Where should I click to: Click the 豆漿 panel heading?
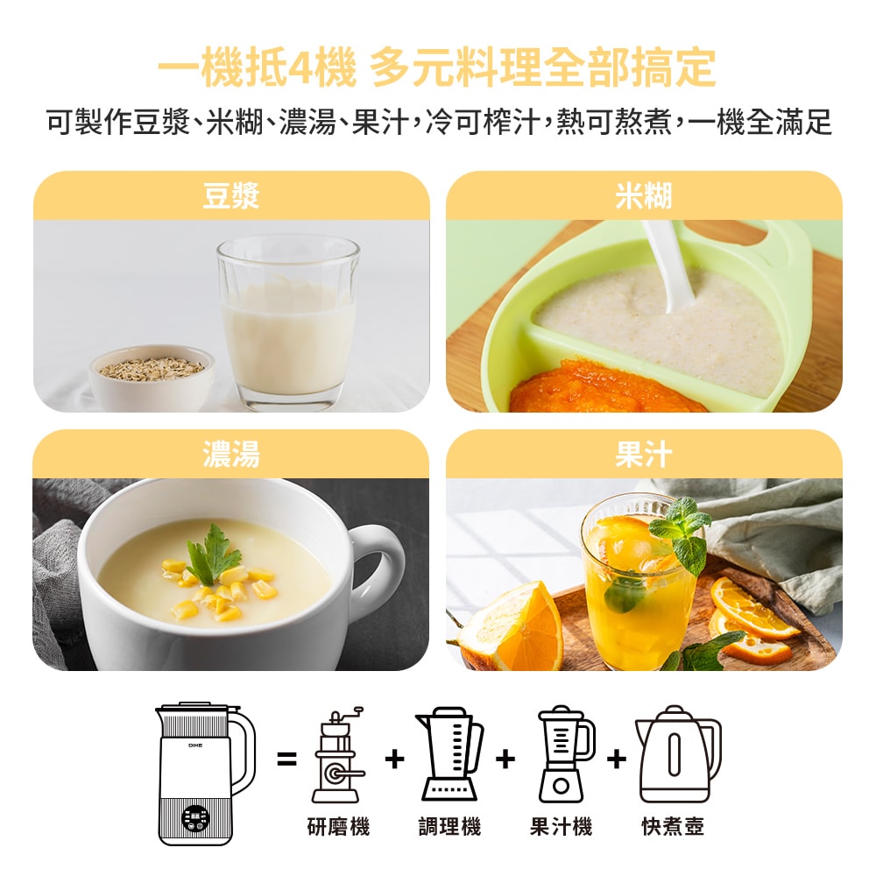(231, 195)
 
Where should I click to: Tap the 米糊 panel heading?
(643, 195)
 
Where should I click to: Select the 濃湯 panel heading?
(231, 454)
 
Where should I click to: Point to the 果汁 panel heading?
(643, 454)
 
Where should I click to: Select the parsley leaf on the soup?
(211, 555)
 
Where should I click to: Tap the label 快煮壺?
(673, 826)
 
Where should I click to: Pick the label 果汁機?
(561, 826)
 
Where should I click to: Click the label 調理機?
(449, 826)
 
